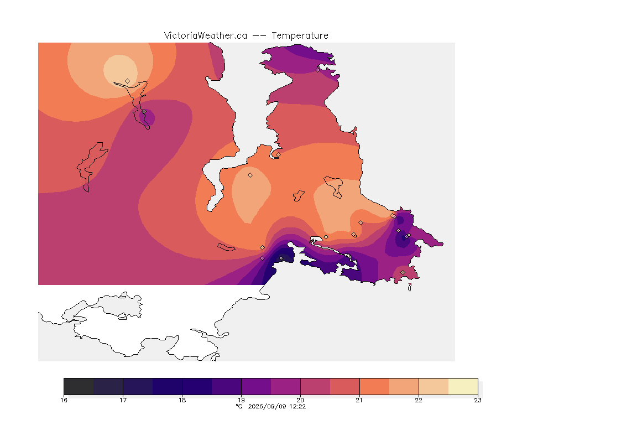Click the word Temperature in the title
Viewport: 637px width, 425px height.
click(x=300, y=36)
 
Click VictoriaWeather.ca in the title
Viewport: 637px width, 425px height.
click(x=206, y=36)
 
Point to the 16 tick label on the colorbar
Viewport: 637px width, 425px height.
click(x=64, y=400)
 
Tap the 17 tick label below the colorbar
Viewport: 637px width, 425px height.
click(x=123, y=400)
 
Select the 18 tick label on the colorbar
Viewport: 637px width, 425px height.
click(x=182, y=400)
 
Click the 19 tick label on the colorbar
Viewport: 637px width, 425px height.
click(x=241, y=400)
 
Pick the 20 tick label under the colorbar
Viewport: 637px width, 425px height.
click(x=300, y=400)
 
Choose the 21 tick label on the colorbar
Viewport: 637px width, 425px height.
click(x=359, y=400)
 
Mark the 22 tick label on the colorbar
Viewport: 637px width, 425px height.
click(x=419, y=400)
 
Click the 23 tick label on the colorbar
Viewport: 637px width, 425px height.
click(x=478, y=400)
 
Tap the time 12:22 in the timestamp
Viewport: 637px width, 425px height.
click(x=297, y=406)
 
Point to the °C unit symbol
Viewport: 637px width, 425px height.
click(x=239, y=406)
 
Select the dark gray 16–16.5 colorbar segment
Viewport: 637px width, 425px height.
click(x=79, y=386)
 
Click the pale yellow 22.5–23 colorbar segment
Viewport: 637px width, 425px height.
click(x=463, y=386)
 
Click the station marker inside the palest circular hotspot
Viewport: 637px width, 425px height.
click(x=128, y=81)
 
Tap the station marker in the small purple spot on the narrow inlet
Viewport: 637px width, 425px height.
click(x=144, y=111)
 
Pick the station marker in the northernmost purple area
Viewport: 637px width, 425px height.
click(x=318, y=70)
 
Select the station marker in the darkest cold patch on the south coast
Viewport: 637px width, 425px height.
click(x=281, y=258)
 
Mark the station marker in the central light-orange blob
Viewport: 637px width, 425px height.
click(x=250, y=175)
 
